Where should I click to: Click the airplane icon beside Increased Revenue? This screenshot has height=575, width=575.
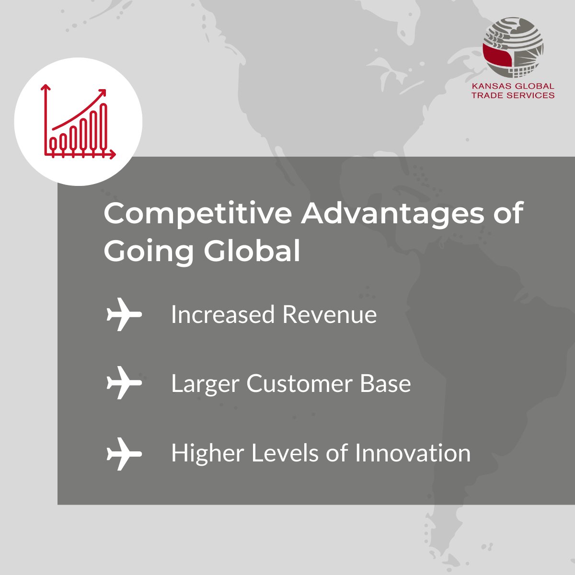124,315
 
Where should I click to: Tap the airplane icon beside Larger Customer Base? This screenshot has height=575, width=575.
124,383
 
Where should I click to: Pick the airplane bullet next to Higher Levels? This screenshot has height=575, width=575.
124,453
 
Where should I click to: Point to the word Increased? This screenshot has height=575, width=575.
223,315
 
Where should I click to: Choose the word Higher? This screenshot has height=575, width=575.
207,453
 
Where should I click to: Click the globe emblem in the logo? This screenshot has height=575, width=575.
513,48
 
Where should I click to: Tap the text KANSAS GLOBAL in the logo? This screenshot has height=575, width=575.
513,87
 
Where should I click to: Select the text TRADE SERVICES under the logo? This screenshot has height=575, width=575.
513,95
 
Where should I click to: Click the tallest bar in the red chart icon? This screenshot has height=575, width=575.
103,126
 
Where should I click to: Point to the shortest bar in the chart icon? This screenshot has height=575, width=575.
53,143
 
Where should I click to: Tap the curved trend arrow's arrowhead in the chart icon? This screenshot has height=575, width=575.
102,92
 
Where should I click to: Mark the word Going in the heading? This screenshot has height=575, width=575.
149,251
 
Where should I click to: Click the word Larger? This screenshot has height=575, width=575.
205,384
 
